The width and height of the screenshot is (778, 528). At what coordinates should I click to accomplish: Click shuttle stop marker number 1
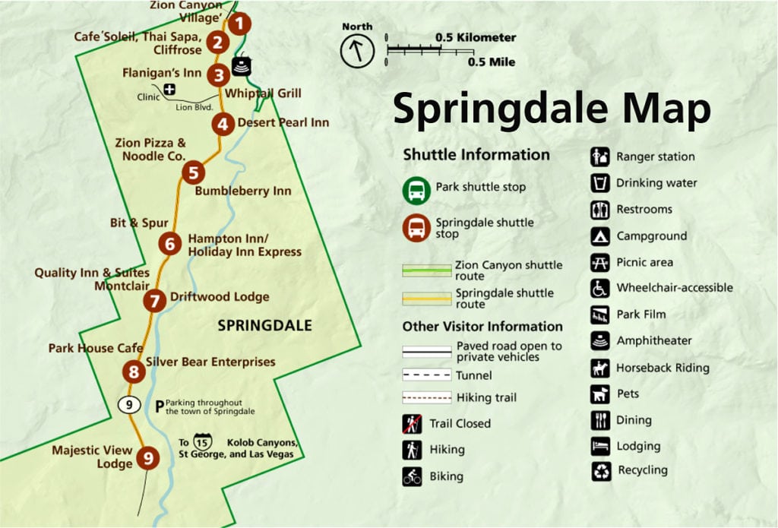pos(239,24)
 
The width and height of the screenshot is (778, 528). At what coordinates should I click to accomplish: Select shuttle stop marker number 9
pos(148,457)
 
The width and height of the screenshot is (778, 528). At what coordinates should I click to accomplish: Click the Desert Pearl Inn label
pos(283,122)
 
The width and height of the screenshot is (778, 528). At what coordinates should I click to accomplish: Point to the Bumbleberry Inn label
pos(243,191)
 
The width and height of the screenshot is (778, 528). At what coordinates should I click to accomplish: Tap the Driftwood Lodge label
pos(220,297)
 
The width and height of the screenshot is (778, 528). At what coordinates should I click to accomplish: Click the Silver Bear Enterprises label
pos(210,362)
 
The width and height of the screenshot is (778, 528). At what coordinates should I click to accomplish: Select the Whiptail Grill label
pos(264,93)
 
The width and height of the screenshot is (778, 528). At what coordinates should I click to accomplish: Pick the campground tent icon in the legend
pos(600,236)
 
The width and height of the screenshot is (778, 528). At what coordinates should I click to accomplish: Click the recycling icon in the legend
pos(601,471)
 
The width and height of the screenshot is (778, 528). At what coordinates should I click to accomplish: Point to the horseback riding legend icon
pos(600,368)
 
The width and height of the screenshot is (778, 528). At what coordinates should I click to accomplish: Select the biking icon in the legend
pos(412,476)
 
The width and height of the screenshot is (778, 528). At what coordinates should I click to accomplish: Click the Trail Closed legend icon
pos(412,424)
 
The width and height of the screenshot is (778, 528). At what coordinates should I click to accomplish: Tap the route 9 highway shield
pos(129,404)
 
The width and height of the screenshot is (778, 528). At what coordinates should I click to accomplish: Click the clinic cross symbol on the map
pos(169,90)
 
